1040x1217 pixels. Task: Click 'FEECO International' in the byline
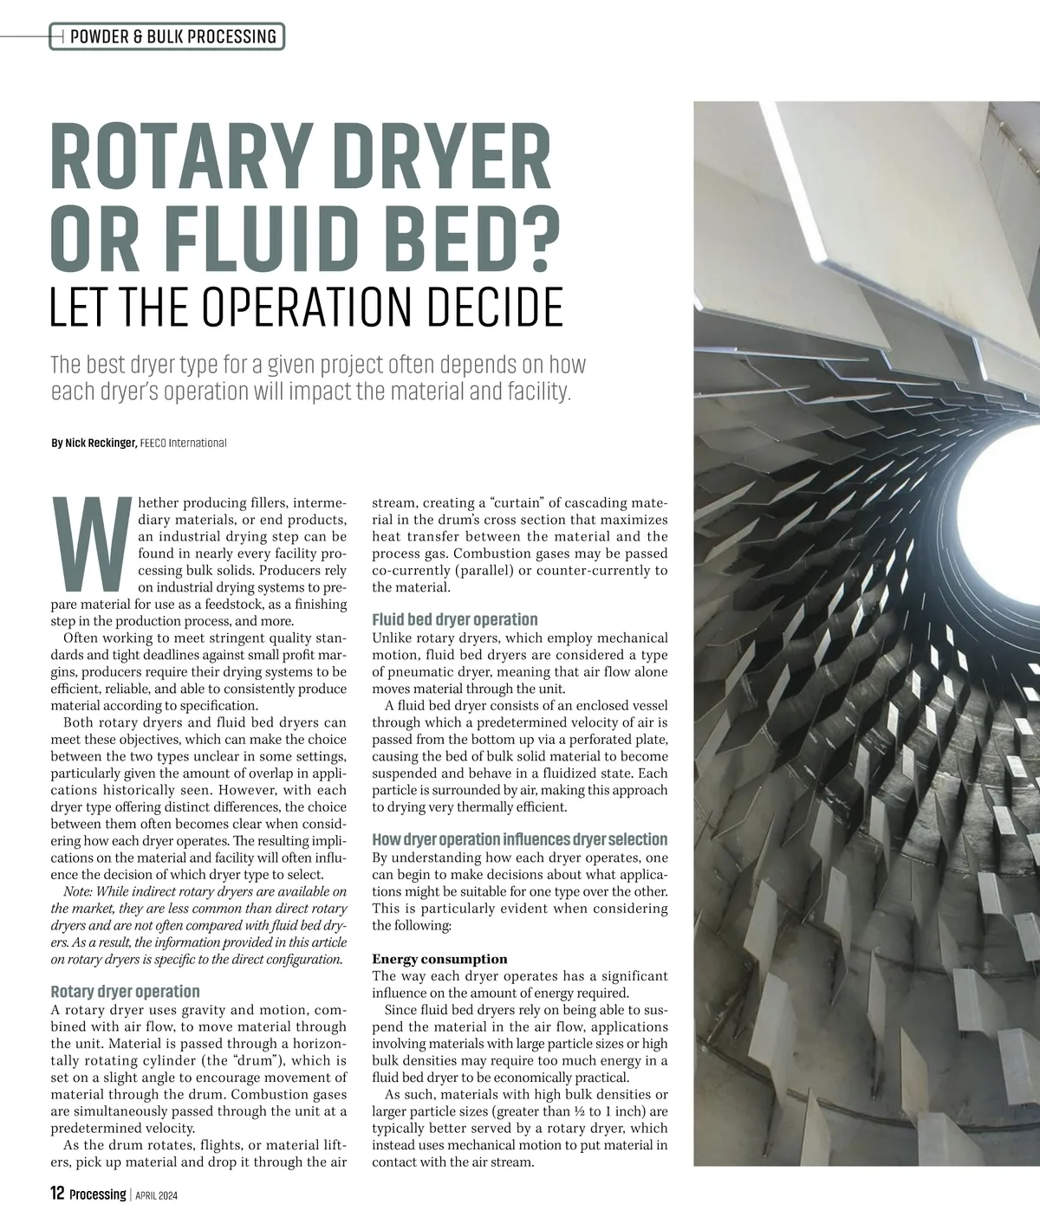183,443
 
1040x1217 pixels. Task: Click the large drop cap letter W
90,539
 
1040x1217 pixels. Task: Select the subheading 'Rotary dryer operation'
126,991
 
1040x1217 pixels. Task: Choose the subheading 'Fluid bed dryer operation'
455,619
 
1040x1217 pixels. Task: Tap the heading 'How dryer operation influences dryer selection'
520,839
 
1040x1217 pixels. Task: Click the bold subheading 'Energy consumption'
440,959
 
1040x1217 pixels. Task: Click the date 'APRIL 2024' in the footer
157,1195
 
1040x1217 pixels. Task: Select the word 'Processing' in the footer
98,1194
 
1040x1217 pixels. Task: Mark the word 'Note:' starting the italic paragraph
80,891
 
